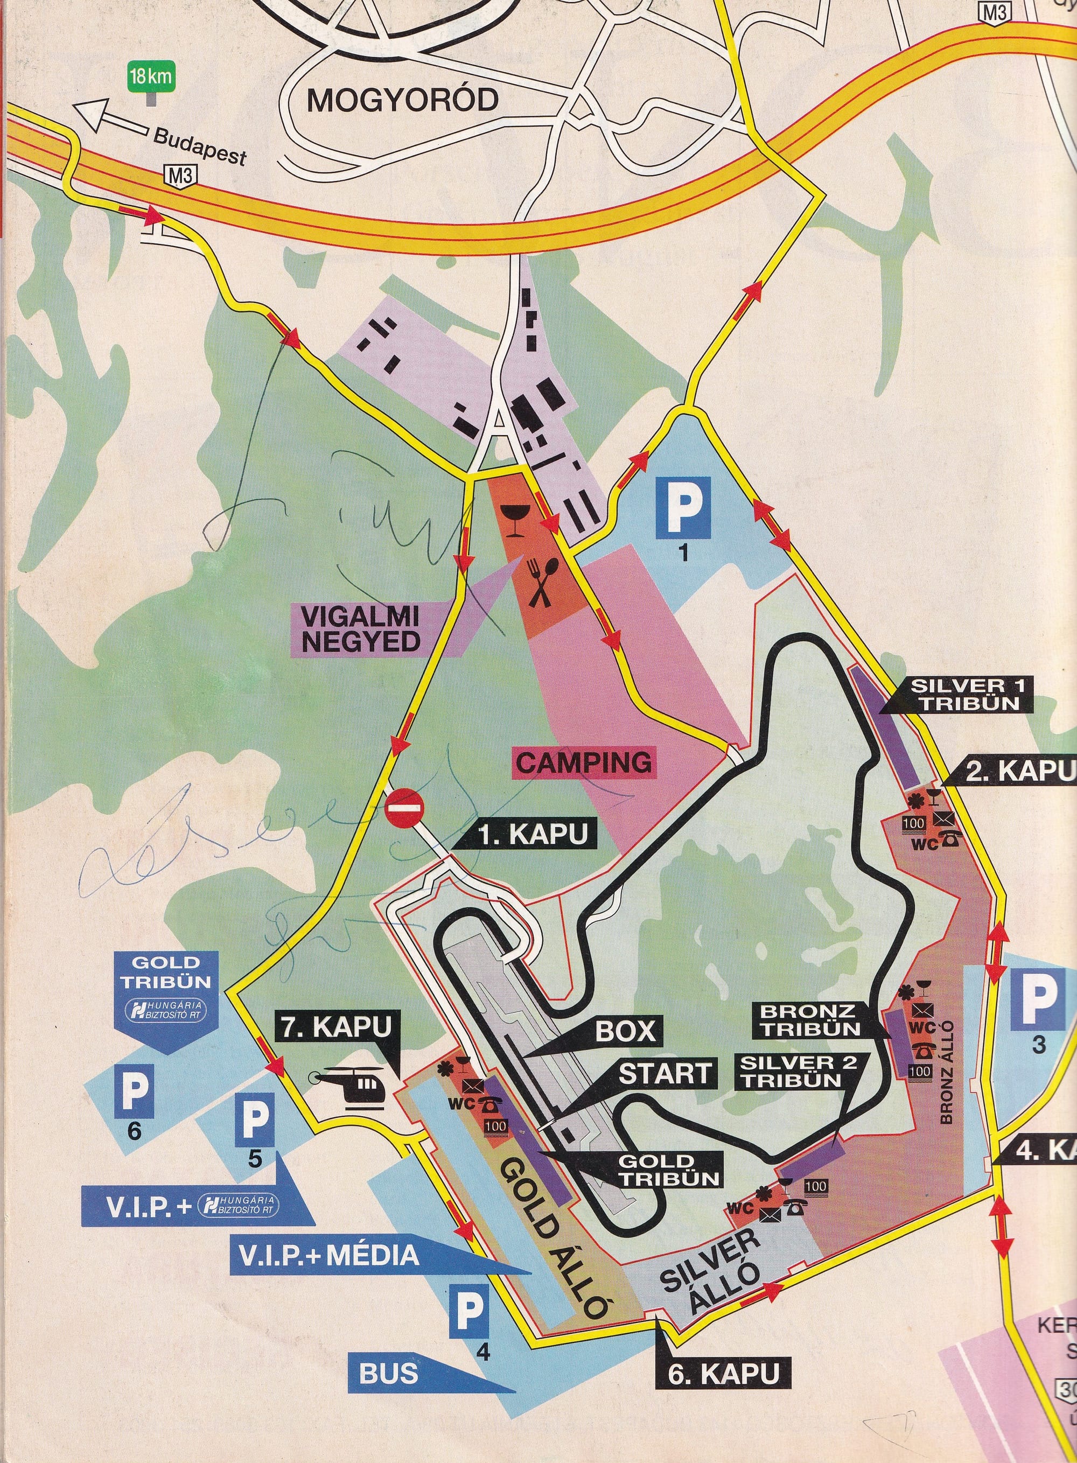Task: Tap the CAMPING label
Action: [584, 761]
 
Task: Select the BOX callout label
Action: [626, 1031]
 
